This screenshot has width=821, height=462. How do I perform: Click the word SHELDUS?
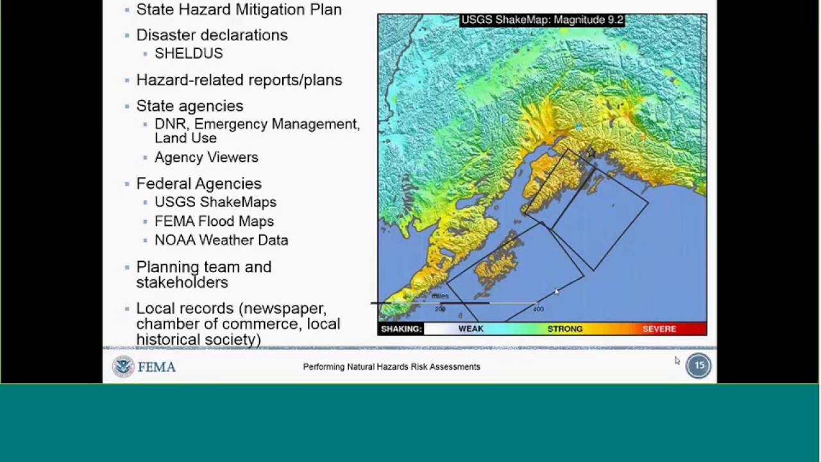189,54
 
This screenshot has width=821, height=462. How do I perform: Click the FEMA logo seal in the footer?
123,366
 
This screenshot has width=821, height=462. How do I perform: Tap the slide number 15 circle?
698,366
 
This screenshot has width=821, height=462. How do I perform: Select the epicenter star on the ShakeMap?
591,153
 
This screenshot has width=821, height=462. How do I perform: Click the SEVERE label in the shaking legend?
659,329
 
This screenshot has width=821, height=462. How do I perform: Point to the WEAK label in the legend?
471,329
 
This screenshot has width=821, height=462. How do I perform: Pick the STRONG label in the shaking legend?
565,329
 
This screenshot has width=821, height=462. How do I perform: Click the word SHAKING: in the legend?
401,329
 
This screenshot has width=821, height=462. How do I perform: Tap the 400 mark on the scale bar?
538,309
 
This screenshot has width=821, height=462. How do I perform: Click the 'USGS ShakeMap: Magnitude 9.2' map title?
542,20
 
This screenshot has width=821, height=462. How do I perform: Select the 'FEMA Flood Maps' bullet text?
214,221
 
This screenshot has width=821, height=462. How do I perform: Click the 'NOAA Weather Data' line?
221,240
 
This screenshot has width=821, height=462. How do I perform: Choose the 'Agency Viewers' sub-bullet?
206,157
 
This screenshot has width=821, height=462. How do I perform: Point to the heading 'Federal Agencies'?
199,184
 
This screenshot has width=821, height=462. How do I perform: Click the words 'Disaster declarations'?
212,35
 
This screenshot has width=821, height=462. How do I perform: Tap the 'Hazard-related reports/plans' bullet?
239,80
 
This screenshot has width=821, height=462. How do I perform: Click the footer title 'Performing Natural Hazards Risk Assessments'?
391,367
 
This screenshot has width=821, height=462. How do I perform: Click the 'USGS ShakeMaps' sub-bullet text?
216,202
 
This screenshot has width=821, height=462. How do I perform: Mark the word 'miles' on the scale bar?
440,296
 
